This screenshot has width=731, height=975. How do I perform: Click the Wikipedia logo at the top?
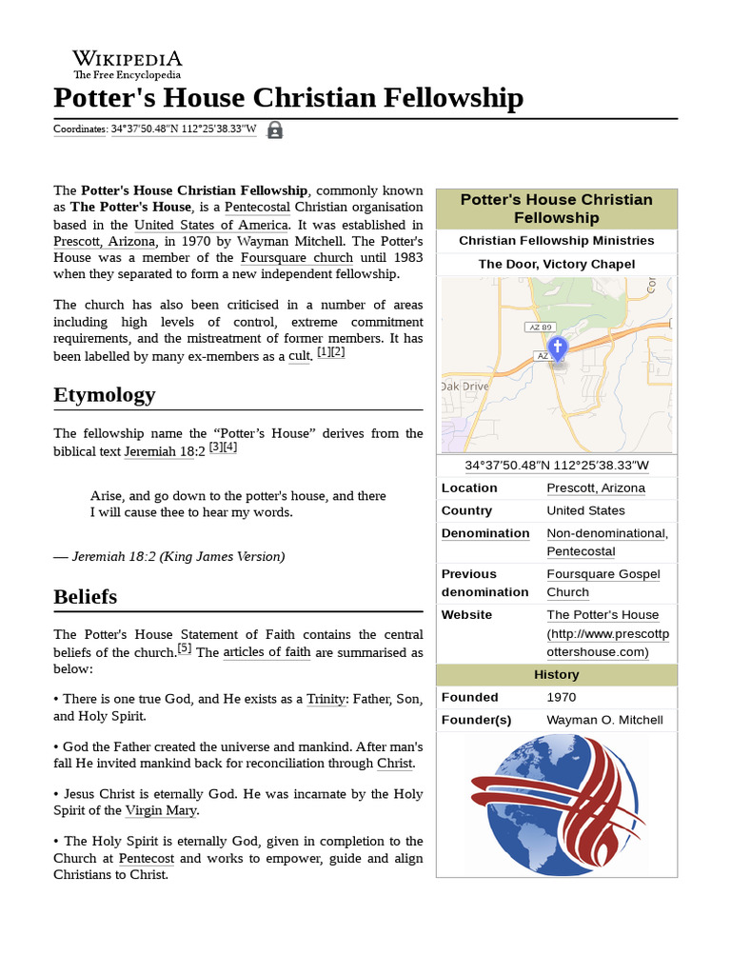click(x=128, y=64)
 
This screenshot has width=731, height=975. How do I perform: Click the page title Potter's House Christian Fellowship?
click(x=287, y=98)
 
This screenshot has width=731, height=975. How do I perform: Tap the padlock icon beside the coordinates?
click(x=274, y=130)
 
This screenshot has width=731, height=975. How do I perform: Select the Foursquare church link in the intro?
click(x=297, y=258)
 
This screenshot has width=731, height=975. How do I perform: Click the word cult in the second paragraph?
click(x=299, y=356)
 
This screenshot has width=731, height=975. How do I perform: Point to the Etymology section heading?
click(x=105, y=394)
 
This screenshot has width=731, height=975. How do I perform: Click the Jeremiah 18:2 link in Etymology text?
click(x=159, y=451)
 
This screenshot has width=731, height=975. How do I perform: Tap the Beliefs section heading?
click(x=86, y=596)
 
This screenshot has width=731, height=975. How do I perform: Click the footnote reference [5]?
click(x=185, y=649)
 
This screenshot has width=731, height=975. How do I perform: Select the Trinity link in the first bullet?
click(x=326, y=699)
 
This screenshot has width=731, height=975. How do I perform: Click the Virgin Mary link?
click(x=161, y=811)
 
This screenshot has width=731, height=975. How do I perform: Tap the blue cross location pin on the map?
click(x=558, y=348)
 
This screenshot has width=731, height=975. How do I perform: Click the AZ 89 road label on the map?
click(x=539, y=327)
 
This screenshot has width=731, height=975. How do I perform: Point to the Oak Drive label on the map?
click(x=464, y=388)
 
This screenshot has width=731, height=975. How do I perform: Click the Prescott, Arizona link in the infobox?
click(x=595, y=487)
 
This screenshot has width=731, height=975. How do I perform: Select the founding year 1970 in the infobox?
click(x=562, y=697)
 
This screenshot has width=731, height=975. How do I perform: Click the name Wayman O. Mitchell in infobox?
click(x=604, y=719)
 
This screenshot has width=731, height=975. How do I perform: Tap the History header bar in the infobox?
click(x=557, y=674)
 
